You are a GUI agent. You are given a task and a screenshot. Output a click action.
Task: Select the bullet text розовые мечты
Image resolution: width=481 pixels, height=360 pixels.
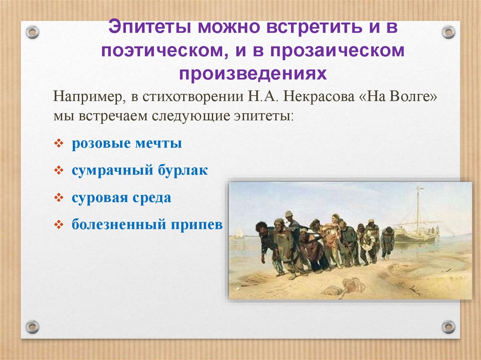[127, 144]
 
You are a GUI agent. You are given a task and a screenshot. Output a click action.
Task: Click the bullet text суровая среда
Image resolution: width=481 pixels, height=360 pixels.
[121, 198]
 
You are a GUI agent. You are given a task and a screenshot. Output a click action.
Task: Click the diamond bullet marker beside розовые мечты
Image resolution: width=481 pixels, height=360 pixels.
[59, 144]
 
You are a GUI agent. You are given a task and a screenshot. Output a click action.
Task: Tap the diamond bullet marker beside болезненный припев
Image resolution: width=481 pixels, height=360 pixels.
[59, 225]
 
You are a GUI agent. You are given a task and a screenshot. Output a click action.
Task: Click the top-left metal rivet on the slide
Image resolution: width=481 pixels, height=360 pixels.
[32, 32]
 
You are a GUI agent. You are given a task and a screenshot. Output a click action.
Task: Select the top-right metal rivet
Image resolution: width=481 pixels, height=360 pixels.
[449, 32]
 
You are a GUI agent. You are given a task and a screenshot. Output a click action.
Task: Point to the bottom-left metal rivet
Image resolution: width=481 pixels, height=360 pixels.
[32, 326]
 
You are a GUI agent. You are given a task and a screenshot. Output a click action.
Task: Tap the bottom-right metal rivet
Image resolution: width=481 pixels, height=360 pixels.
[449, 326]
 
